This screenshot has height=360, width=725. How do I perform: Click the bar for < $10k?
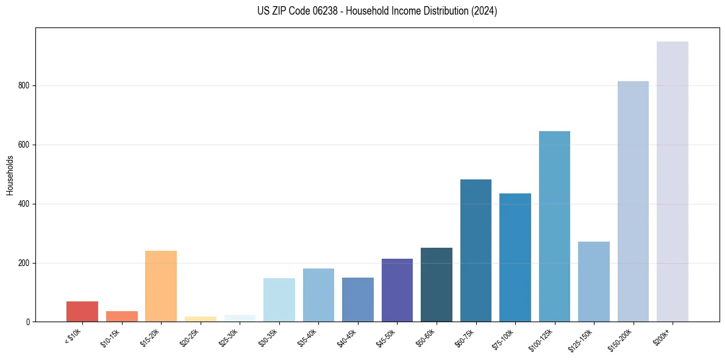(x=82, y=312)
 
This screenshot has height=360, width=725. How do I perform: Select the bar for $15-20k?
(x=161, y=286)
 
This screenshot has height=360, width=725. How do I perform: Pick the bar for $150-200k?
(x=633, y=201)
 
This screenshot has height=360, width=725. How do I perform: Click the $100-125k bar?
(x=554, y=226)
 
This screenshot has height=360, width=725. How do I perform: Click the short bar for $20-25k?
(x=201, y=319)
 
